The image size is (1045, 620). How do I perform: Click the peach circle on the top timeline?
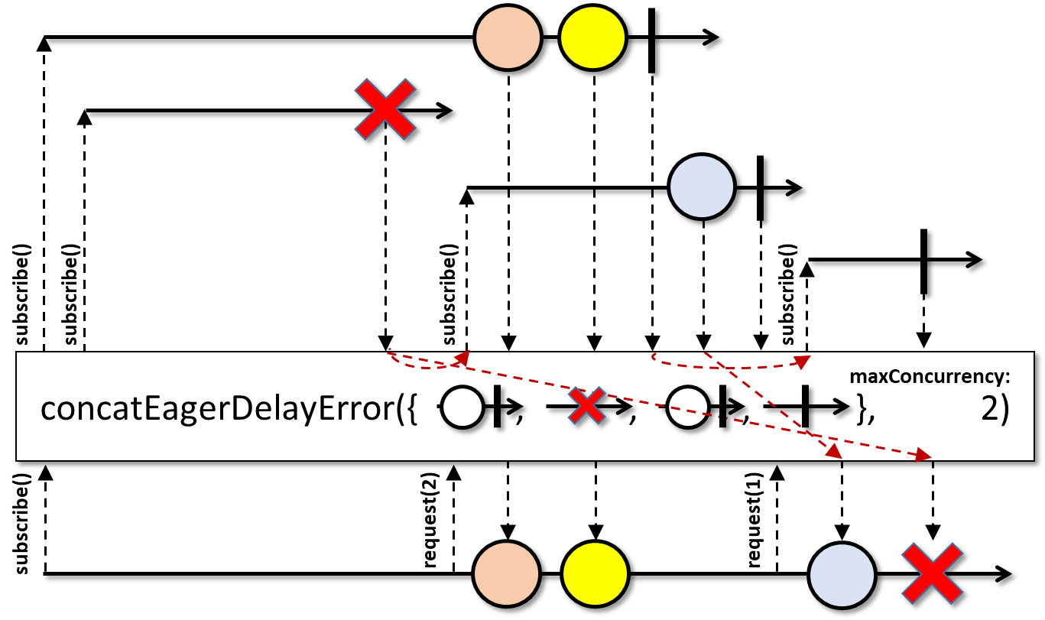click(508, 37)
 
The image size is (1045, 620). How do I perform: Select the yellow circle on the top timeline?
click(593, 37)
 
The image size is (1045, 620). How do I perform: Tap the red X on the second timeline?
click(385, 109)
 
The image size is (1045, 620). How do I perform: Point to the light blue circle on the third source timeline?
click(702, 187)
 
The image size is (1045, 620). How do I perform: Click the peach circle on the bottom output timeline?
click(507, 574)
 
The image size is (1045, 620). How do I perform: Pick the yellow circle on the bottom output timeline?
click(596, 574)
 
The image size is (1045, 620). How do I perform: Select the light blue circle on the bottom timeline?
click(842, 575)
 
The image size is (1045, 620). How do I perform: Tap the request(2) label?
click(431, 520)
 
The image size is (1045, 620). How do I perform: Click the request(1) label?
click(755, 520)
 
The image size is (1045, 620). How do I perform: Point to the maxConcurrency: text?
click(930, 376)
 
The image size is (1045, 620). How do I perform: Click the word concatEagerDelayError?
click(217, 409)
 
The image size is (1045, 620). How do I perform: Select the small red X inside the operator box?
click(586, 406)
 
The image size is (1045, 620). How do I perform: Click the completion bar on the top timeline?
click(652, 41)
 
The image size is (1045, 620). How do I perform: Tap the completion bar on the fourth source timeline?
click(923, 261)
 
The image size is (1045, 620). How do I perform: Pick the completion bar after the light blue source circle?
click(760, 188)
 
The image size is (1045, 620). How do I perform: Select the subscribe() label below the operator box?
click(21, 524)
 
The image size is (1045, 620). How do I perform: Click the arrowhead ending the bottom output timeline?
click(1003, 574)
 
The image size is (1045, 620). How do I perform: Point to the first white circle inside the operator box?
click(462, 407)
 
